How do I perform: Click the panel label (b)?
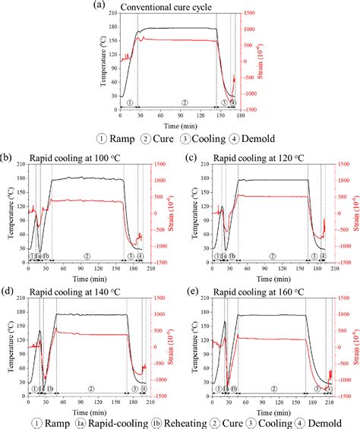(x=7, y=159)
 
